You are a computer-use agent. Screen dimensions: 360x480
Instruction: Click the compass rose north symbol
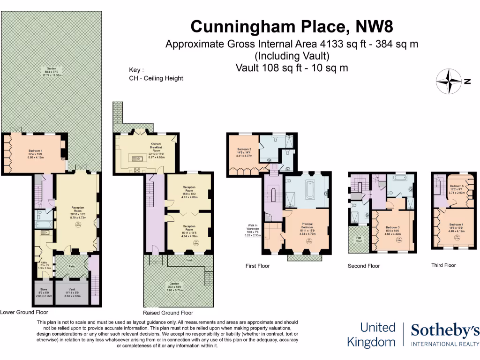[x=450, y=81]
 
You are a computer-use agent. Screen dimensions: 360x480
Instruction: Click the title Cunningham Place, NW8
[x=292, y=26]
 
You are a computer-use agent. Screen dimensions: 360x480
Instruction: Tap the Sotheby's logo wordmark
[x=445, y=331]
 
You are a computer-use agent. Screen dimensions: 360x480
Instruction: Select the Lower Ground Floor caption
[x=24, y=312]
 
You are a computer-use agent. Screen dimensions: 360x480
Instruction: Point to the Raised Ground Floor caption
[x=168, y=313]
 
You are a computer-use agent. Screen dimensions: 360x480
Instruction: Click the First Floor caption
[x=257, y=266]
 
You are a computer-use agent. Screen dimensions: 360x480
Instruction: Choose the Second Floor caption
[x=363, y=266]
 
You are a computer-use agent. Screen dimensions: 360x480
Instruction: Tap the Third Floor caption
[x=443, y=265]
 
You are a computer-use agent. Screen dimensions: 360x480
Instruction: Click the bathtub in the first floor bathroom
[x=309, y=192]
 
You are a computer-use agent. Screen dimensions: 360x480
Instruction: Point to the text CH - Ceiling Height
[x=156, y=78]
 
